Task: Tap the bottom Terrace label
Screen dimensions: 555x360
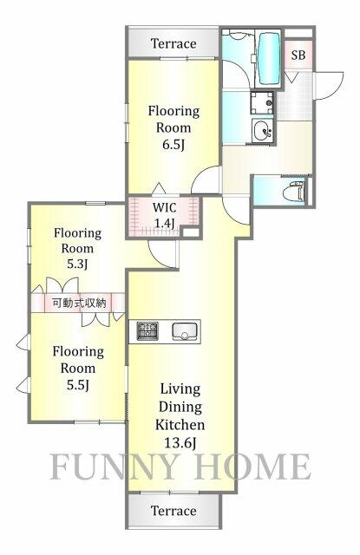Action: point(173,511)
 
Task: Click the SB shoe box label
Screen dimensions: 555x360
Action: point(298,55)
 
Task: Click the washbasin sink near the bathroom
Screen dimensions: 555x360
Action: point(261,133)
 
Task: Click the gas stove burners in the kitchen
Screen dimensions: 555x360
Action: point(147,331)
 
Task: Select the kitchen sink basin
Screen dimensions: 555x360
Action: point(186,331)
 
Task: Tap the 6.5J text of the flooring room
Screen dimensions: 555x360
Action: point(173,144)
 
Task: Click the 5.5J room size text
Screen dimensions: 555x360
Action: point(77,384)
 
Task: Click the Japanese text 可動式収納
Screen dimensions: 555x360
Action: point(79,304)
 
